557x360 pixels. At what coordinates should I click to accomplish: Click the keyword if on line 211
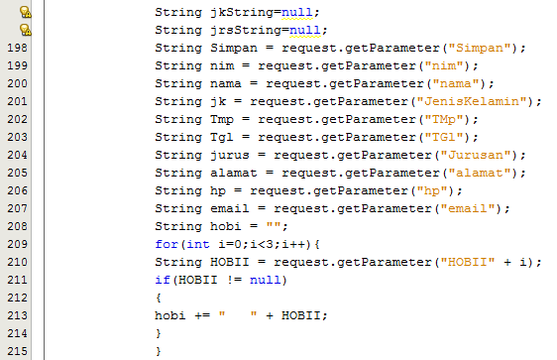(x=162, y=280)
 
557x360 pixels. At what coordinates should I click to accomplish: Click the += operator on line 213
(x=202, y=315)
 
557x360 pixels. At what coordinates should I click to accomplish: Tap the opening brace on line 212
(x=158, y=298)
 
